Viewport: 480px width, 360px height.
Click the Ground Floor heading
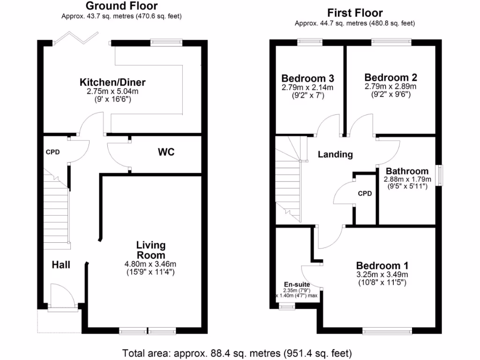pyautogui.click(x=121, y=6)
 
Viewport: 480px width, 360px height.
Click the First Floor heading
pyautogui.click(x=354, y=13)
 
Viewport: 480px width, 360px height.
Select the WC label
pyautogui.click(x=166, y=152)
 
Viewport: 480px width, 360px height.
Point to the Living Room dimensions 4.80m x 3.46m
pyautogui.click(x=150, y=264)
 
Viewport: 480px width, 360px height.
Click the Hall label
pyautogui.click(x=61, y=265)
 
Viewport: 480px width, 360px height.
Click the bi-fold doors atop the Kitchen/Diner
pyautogui.click(x=76, y=37)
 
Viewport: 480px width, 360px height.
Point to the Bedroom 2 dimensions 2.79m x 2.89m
pyautogui.click(x=390, y=86)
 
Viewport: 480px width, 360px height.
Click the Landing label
pyautogui.click(x=335, y=154)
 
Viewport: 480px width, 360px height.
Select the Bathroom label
pyautogui.click(x=406, y=171)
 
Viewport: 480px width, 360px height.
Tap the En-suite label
pyautogui.click(x=297, y=284)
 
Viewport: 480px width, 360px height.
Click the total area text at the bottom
pyautogui.click(x=237, y=352)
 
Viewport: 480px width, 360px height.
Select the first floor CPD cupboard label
pyautogui.click(x=365, y=193)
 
